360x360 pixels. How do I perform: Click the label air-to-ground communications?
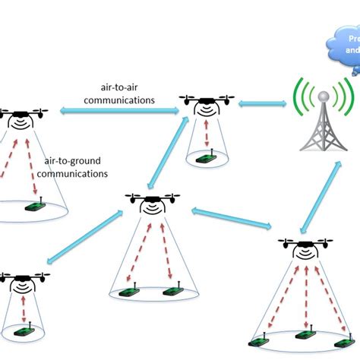(75, 167)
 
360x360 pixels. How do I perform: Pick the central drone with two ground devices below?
(152, 202)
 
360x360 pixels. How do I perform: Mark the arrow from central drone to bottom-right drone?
(231, 218)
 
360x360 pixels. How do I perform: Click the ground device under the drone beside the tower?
(205, 159)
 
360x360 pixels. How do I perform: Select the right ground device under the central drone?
(172, 290)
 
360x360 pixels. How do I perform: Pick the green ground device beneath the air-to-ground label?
(36, 205)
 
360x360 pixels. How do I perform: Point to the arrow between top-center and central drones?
(166, 153)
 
